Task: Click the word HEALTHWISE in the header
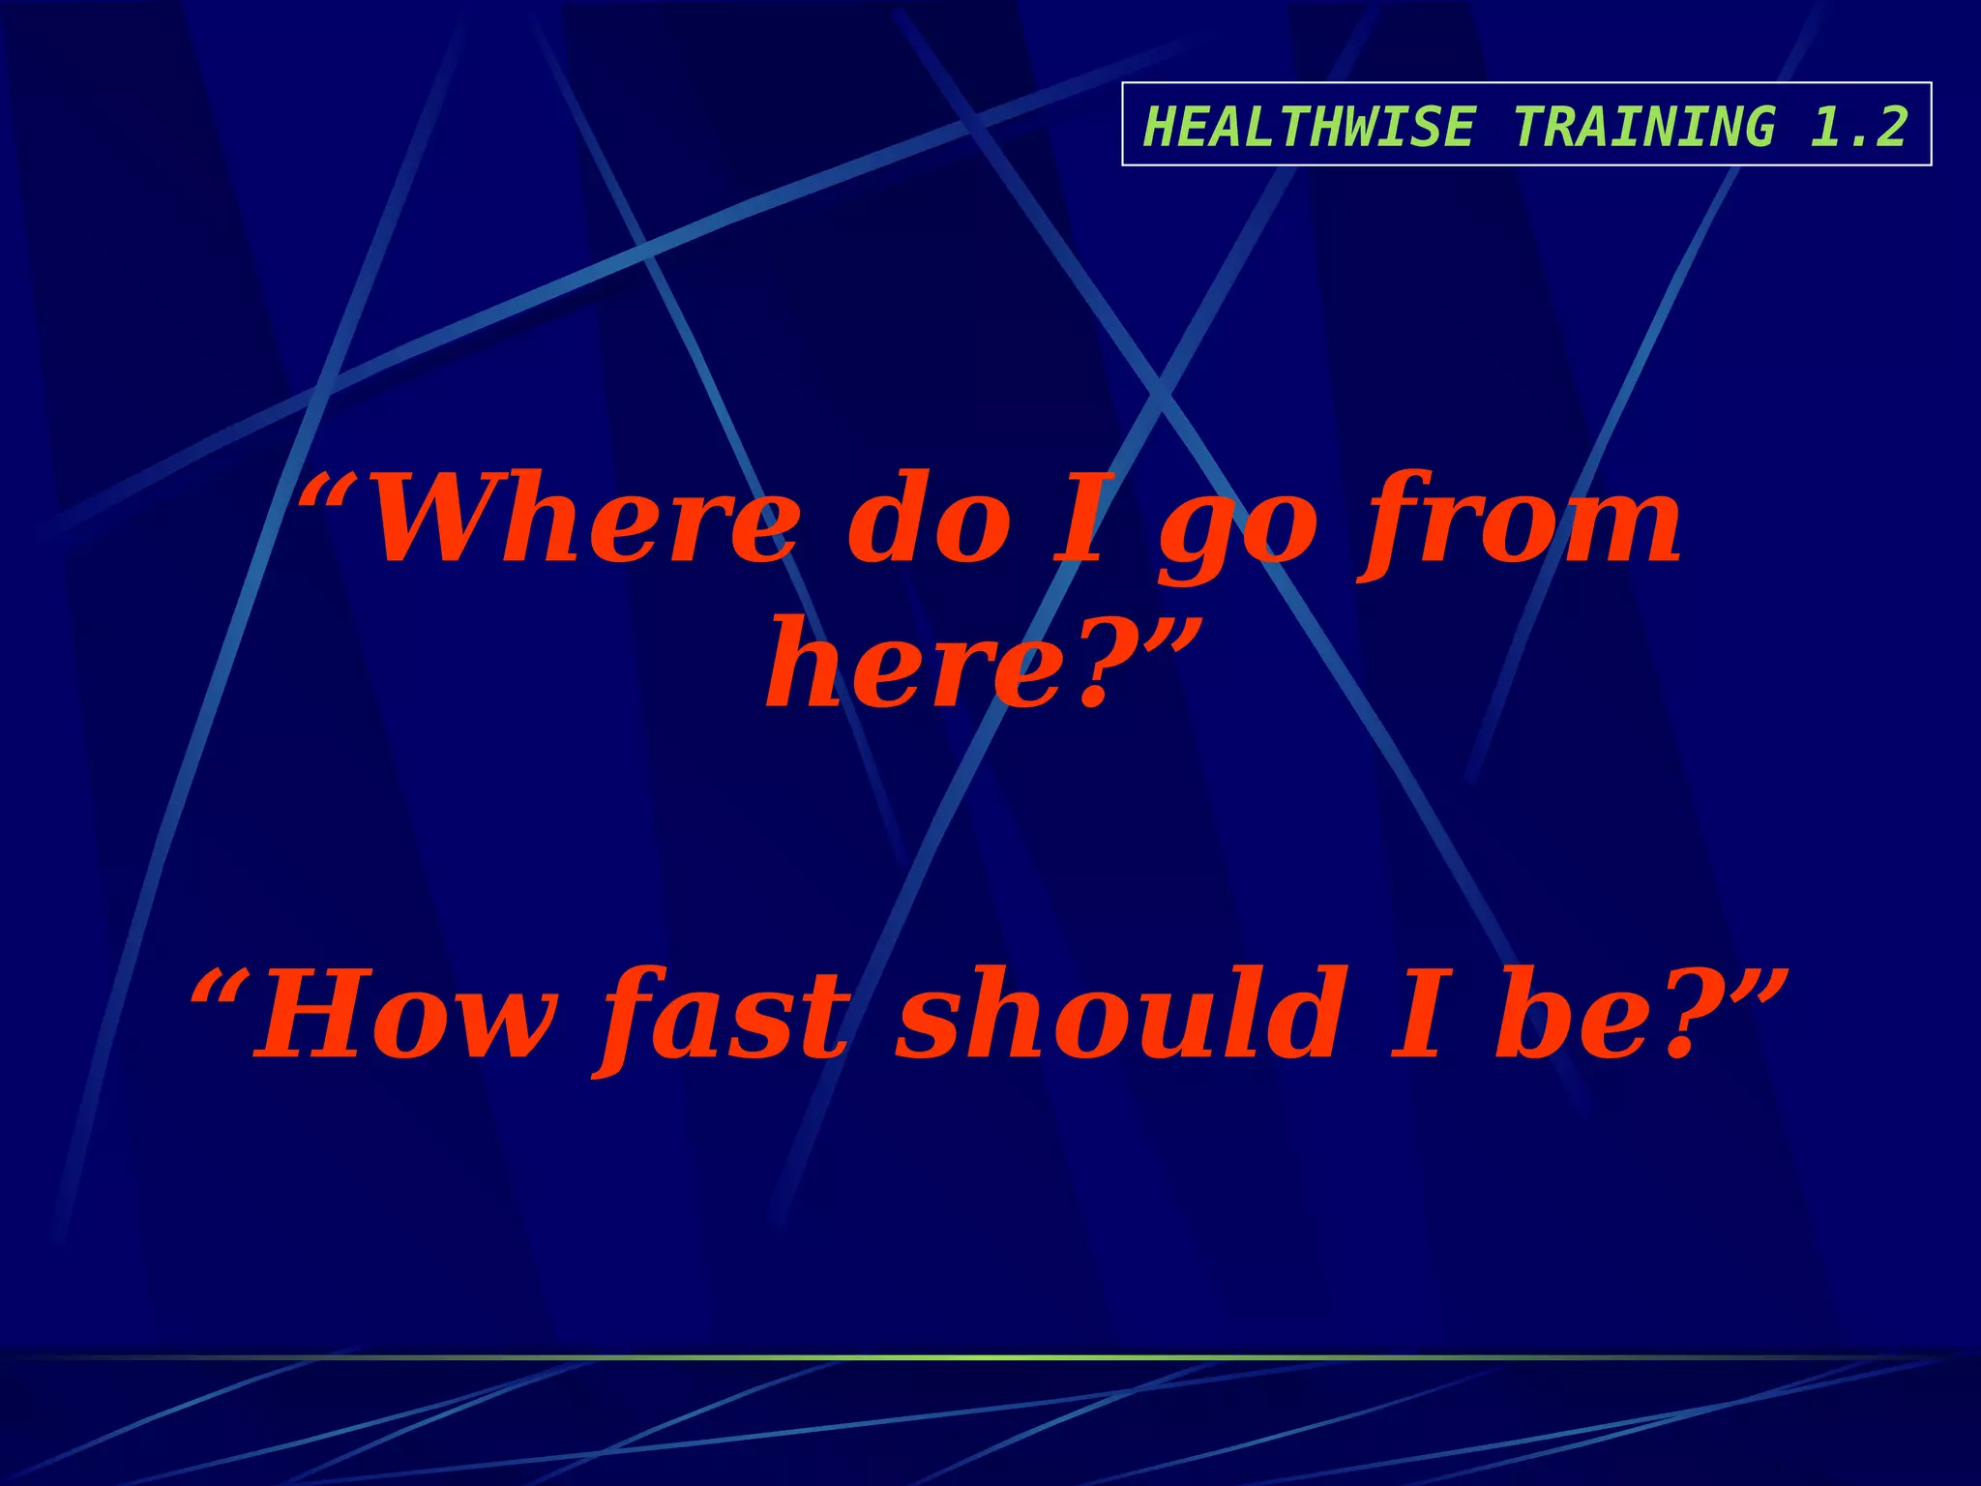click(1309, 127)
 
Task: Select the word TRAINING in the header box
click(1644, 127)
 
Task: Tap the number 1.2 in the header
click(1858, 127)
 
